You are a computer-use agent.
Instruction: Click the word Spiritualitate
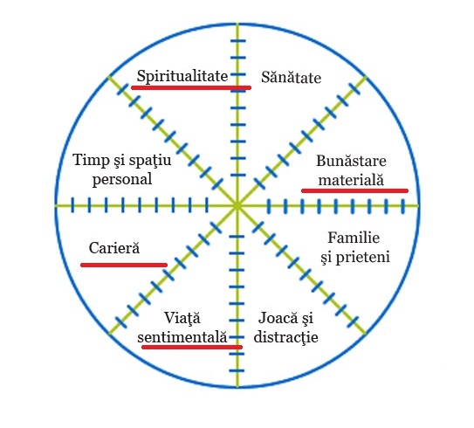coord(182,76)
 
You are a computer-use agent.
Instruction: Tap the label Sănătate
coord(291,77)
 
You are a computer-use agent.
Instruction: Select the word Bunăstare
coord(351,161)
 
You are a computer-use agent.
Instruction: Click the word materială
coord(351,180)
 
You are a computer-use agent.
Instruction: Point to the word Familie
coord(354,238)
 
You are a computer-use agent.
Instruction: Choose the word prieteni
coord(363,258)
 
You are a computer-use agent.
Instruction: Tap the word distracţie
coord(286,337)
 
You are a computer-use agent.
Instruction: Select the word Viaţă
coord(182,318)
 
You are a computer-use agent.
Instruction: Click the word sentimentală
coord(182,337)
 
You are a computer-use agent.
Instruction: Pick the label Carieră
coord(114,248)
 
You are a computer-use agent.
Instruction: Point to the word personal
coord(122,179)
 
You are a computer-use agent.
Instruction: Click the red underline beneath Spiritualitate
coord(191,87)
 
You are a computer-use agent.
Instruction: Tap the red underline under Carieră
coord(124,265)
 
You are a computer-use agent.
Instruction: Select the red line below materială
coord(355,190)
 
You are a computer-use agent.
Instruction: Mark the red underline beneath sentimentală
coord(192,347)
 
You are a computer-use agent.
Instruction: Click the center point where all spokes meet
coord(237,206)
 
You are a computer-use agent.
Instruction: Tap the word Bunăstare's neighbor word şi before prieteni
coord(326,258)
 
